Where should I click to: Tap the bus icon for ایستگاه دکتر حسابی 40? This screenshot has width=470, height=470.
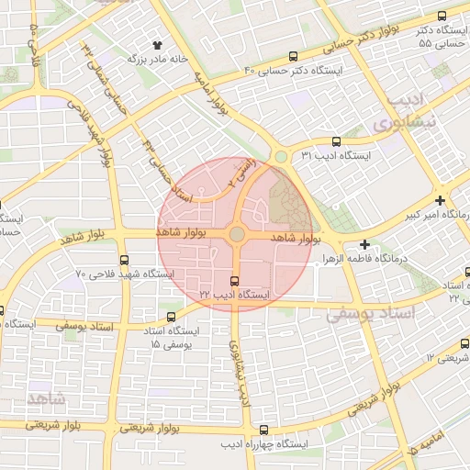tap(293, 56)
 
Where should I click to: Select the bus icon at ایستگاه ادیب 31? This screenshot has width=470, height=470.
tap(335, 142)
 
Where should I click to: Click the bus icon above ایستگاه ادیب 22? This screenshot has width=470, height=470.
tap(234, 281)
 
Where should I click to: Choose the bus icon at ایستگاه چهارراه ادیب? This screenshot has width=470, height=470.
tap(264, 430)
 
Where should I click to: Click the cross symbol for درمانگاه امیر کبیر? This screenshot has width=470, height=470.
tap(441, 200)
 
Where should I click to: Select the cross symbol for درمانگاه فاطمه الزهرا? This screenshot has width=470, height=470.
tap(365, 244)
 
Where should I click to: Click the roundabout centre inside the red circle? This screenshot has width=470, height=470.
tap(237, 235)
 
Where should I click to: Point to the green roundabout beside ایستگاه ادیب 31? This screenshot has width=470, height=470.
tap(280, 157)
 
